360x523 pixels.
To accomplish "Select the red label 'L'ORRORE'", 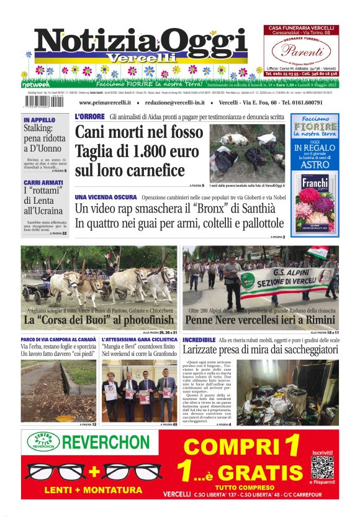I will tap(89, 117).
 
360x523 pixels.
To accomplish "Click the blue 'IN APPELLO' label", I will tap(39, 119).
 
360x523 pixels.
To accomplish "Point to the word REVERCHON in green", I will tap(109, 443).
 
